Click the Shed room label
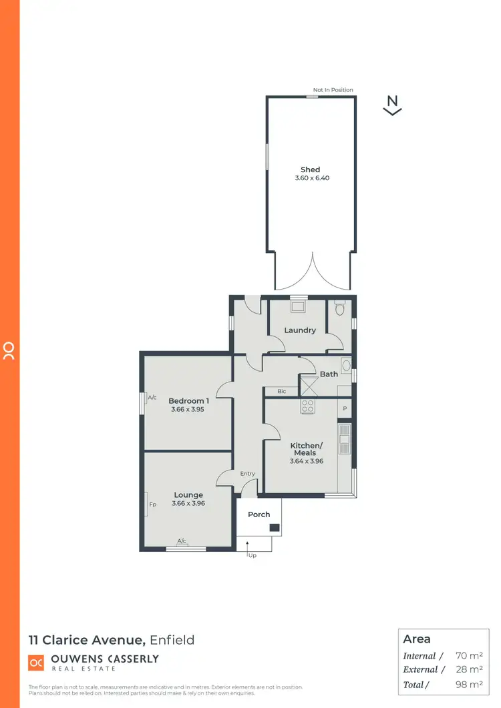[x=311, y=169]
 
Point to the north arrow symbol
[x=392, y=105]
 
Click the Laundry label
[x=300, y=330]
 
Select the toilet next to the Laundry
[x=339, y=309]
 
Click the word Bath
[x=329, y=374]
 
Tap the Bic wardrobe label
[x=281, y=391]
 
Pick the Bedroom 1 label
[x=188, y=400]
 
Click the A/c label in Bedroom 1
[x=152, y=397]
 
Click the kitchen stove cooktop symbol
[x=308, y=405]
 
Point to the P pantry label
[x=345, y=408]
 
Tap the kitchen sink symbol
[x=345, y=434]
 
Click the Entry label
[x=247, y=473]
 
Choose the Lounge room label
[x=188, y=495]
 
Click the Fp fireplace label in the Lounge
[x=152, y=504]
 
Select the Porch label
[x=259, y=514]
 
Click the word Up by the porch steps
[x=252, y=555]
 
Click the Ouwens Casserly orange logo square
[x=36, y=663]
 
